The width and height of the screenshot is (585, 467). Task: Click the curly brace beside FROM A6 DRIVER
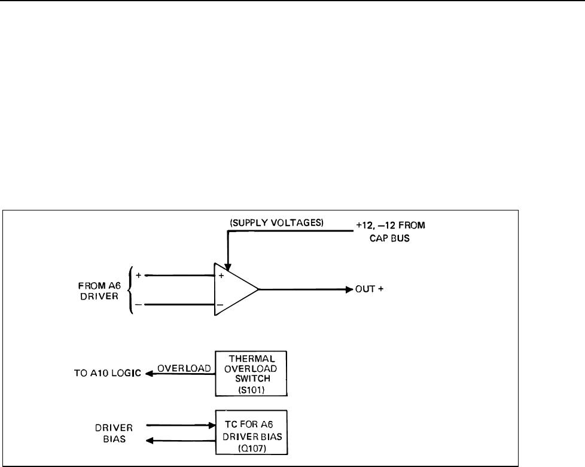[x=132, y=289]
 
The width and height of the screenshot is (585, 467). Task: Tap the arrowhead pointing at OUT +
[x=349, y=290]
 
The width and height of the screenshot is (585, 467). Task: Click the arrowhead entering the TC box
[x=211, y=426]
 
